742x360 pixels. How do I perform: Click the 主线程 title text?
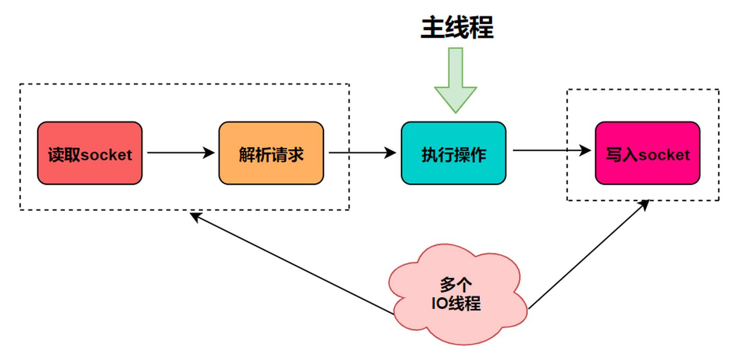(457, 27)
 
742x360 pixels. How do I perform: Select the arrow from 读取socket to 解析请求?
(180, 153)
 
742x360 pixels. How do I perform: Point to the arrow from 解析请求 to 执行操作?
(362, 153)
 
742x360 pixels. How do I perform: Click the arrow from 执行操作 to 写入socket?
(551, 150)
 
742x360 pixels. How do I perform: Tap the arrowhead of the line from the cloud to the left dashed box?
(194, 216)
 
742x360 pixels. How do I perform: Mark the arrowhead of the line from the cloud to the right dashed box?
(645, 205)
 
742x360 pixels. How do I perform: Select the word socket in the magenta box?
(664, 155)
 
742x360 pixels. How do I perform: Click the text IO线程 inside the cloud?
(456, 303)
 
